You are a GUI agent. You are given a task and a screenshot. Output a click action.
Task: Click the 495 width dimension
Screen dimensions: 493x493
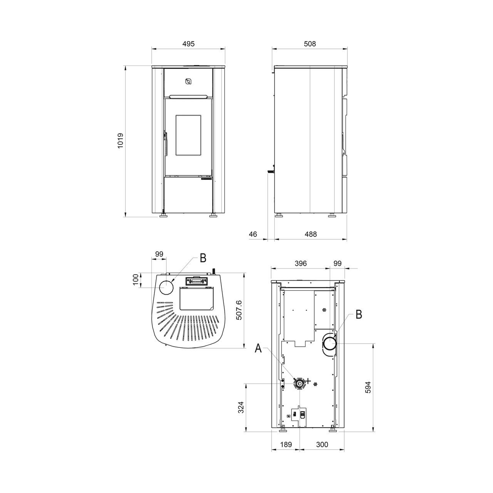(x=188, y=44)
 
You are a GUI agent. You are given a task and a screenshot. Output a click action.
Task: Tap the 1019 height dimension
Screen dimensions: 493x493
(x=120, y=140)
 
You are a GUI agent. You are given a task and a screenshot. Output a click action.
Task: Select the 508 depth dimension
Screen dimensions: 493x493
(x=310, y=44)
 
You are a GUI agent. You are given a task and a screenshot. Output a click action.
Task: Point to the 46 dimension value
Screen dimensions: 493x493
(x=253, y=234)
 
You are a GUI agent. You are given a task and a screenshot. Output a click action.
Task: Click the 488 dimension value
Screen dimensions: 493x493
(x=311, y=234)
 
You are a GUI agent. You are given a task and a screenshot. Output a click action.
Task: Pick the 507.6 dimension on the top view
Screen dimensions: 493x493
(x=238, y=310)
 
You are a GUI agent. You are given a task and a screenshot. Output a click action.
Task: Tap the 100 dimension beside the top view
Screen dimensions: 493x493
(x=136, y=279)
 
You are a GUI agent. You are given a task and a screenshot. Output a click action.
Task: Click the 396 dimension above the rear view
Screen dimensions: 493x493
(x=300, y=263)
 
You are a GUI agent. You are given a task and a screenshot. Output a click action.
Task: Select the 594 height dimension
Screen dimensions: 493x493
(x=368, y=387)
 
